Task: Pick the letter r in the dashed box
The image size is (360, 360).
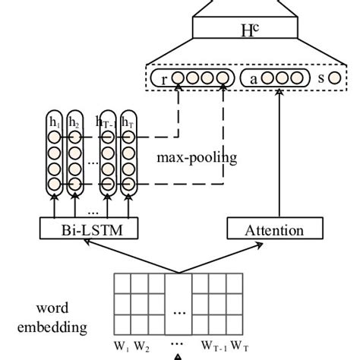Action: point(164,78)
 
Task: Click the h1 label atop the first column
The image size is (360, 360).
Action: point(54,122)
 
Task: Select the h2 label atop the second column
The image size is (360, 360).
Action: point(74,122)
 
